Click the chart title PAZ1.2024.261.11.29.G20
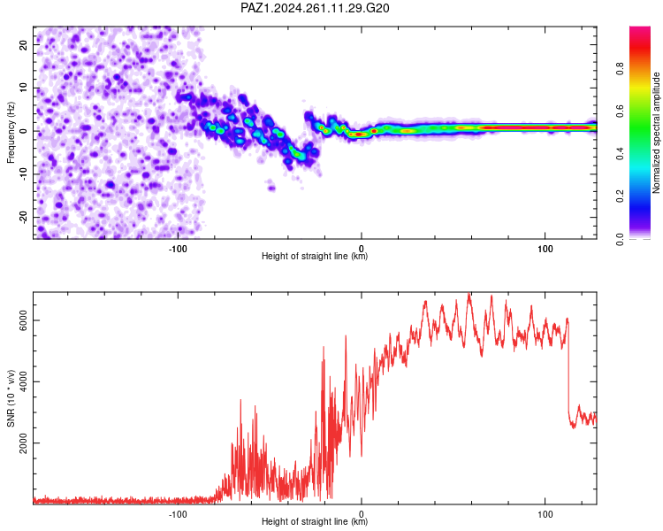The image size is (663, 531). (315, 8)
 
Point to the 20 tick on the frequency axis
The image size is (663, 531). (23, 44)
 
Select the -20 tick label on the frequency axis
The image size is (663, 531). (23, 217)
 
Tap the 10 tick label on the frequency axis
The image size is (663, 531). (23, 88)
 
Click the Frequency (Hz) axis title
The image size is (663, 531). (11, 133)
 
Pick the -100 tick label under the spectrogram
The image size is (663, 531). (178, 249)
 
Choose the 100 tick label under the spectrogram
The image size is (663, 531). (545, 249)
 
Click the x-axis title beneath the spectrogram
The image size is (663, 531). (315, 256)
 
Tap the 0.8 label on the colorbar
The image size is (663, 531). (620, 69)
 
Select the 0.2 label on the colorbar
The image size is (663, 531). (620, 196)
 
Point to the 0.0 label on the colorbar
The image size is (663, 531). (620, 239)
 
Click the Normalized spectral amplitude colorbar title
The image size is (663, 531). (656, 133)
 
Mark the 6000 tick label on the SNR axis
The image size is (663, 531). (23, 320)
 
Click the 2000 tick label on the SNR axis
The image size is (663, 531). (23, 442)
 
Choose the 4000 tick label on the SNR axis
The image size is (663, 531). (23, 382)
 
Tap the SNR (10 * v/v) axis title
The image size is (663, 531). (11, 398)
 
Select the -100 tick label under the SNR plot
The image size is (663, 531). (178, 514)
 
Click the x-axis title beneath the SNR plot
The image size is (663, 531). (315, 521)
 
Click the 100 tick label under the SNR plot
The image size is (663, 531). (545, 514)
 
